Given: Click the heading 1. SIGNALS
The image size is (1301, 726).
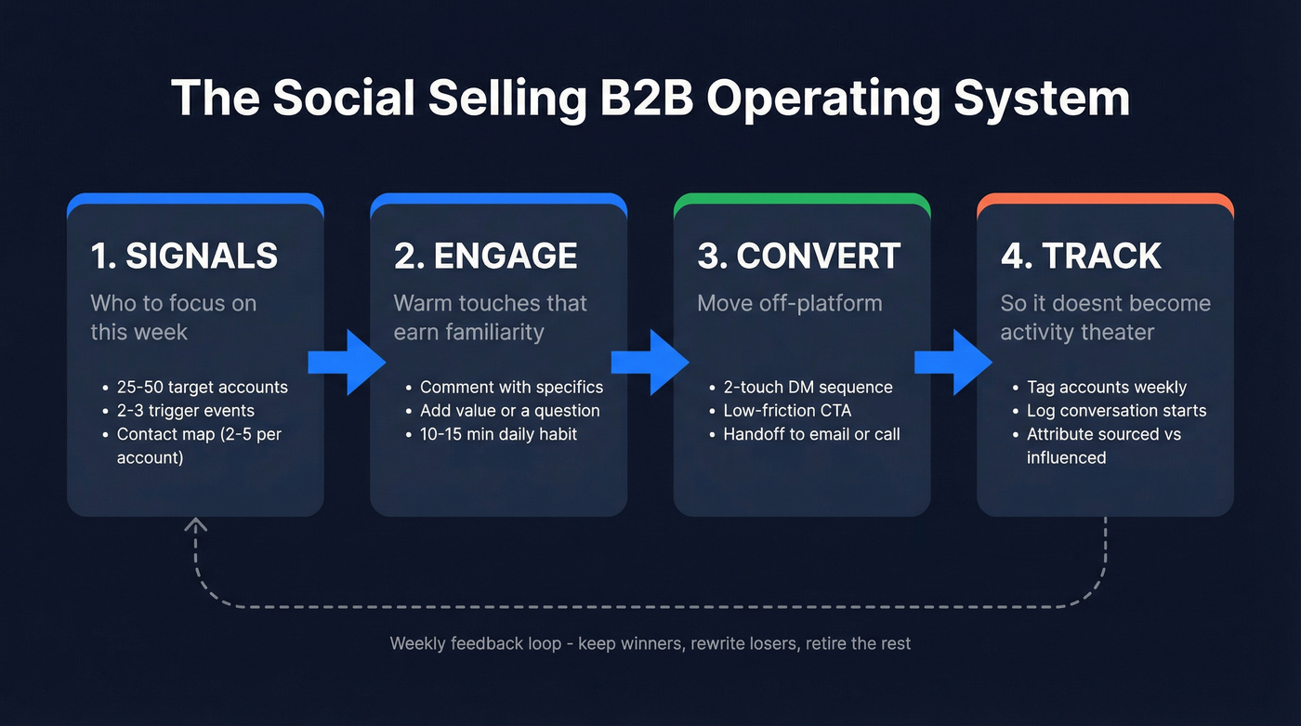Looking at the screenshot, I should point(184,256).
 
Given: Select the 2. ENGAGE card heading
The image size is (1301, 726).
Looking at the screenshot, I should point(485,256).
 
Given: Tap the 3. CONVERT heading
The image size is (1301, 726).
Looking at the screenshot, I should point(799,256).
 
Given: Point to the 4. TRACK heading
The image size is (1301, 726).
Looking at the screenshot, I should point(1081,256).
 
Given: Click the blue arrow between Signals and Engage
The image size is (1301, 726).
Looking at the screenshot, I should point(347,361).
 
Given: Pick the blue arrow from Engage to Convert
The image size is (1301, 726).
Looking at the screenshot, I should point(650,361).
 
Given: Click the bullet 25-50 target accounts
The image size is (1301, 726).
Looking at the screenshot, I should point(202,388).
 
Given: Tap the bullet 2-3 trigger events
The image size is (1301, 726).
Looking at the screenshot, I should point(185,411).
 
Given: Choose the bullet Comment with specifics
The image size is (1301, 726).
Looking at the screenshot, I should point(511,388).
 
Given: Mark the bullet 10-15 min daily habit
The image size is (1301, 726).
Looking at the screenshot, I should point(498,434).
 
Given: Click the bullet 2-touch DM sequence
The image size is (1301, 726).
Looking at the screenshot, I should point(808,388).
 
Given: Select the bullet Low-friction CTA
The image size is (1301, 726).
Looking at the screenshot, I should point(787,411).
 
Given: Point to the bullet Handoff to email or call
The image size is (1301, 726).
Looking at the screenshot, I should point(811,434).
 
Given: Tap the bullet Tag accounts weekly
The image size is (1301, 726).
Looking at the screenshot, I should point(1106,388).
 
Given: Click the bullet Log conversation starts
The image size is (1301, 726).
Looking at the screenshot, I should point(1116,411).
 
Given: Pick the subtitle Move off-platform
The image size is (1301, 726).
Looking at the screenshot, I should point(789,304).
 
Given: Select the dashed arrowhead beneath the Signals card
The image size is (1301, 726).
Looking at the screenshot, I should point(196,526).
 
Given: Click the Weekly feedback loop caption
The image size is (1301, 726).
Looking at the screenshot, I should point(650,643).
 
